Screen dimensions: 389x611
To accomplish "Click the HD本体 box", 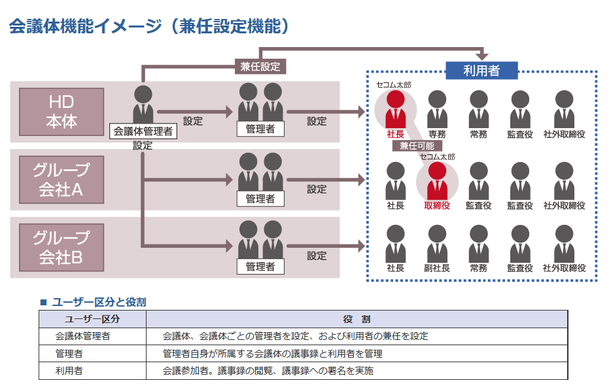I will coord(61,112).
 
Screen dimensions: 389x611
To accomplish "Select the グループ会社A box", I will coord(61,180).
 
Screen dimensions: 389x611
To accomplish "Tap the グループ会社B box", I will coord(61,248).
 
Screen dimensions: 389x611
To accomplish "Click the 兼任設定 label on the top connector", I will coord(260,66).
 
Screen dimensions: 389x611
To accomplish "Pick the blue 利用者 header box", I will coord(481,71).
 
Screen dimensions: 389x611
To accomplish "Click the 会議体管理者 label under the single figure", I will coord(143,131).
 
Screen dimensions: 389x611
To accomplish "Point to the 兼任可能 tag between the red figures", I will coord(417,146).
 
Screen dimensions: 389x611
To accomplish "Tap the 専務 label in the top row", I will coord(437,134).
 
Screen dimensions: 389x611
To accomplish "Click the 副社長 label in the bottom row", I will coord(437,268).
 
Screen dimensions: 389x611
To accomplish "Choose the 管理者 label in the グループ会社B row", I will coord(260,266).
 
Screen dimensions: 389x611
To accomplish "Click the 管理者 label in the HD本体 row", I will coord(260,129).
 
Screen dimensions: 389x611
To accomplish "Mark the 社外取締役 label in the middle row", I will coord(564,205).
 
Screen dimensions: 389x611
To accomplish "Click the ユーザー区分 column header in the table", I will coord(92,319).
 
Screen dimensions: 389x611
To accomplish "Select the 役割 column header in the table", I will coord(357,319).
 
